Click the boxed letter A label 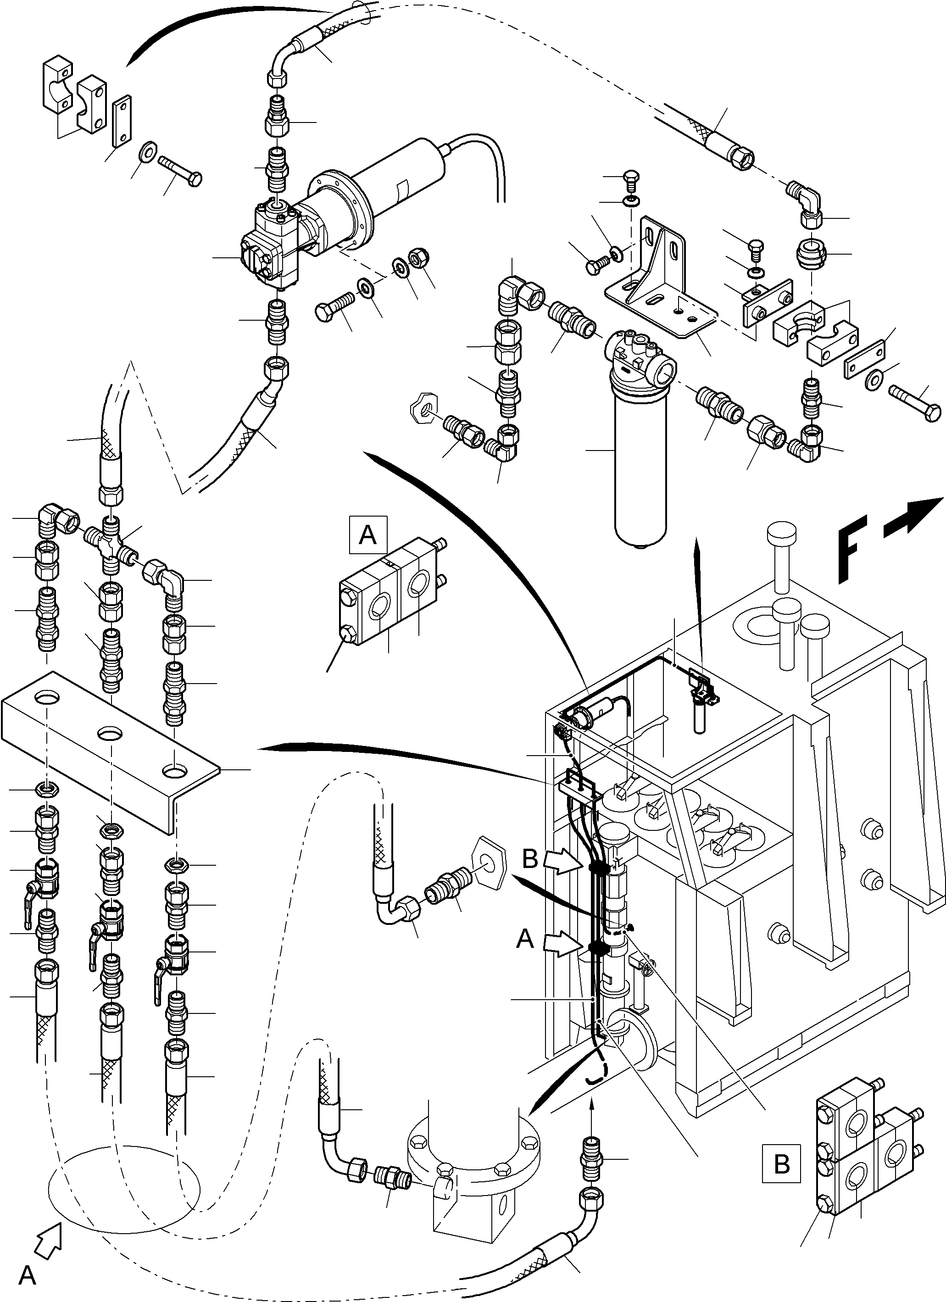point(367,535)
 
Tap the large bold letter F point(853,548)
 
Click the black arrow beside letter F point(913,517)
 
